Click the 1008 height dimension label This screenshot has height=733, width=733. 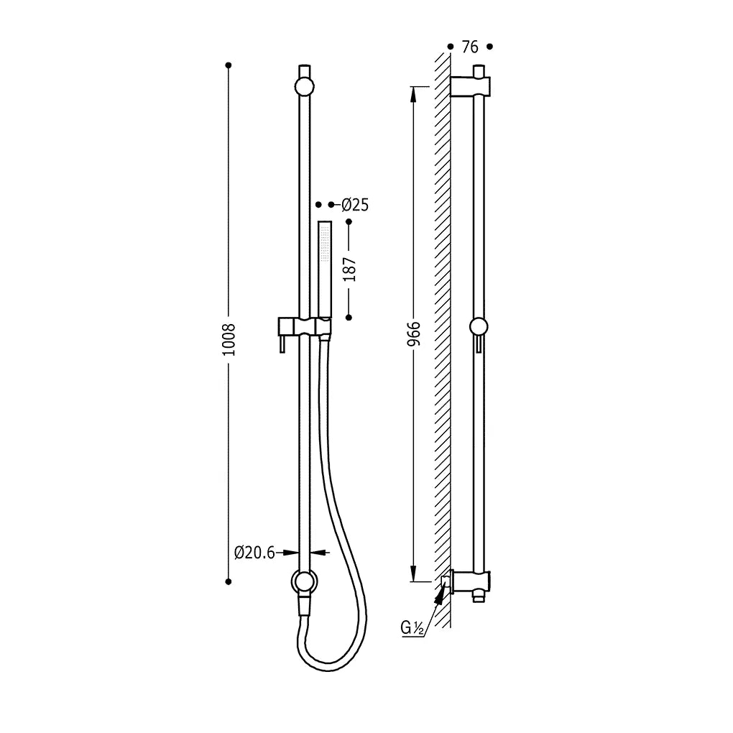(x=229, y=339)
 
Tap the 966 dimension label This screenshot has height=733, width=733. (x=414, y=333)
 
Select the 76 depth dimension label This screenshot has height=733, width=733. (x=470, y=47)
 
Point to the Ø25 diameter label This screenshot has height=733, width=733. (x=355, y=205)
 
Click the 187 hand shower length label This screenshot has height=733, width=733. (x=349, y=269)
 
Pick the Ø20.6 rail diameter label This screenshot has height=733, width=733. (x=255, y=553)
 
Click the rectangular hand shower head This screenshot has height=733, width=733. (x=325, y=269)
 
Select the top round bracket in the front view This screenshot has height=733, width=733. (x=304, y=86)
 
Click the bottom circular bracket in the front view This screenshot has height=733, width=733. (x=304, y=581)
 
